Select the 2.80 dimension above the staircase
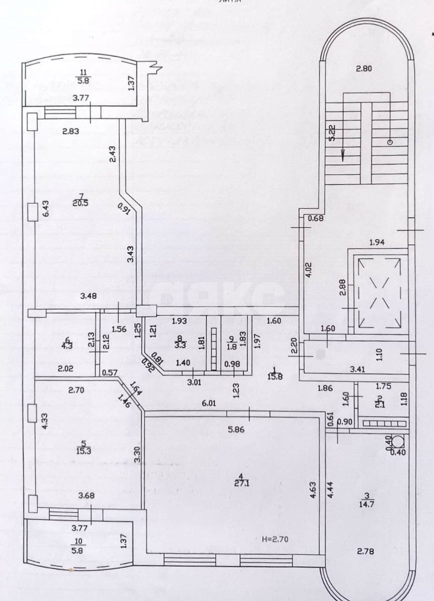366,70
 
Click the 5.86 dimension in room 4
239,430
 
